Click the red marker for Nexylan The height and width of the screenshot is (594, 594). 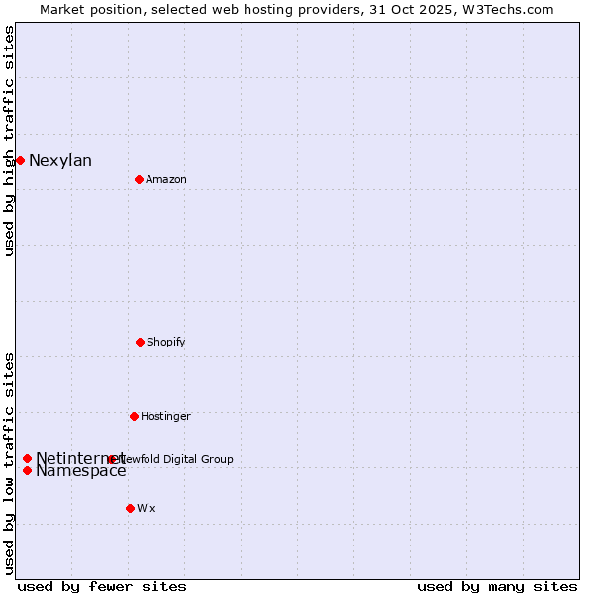click(20, 160)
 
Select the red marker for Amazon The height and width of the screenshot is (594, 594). click(139, 179)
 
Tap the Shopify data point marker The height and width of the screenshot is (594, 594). click(140, 342)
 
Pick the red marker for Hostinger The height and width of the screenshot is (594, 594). click(134, 416)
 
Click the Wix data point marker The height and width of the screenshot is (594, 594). click(130, 508)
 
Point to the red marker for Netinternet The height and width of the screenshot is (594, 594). click(27, 458)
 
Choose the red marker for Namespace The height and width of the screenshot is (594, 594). click(27, 470)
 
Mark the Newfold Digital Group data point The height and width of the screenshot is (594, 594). click(112, 459)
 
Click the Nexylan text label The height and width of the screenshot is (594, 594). click(60, 161)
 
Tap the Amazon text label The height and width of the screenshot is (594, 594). click(166, 180)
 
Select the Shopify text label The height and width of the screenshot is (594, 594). click(166, 343)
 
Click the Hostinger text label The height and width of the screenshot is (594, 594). click(165, 417)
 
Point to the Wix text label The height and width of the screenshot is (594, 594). click(147, 509)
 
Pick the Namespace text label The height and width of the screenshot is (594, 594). click(81, 471)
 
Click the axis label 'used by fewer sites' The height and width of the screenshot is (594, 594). click(102, 586)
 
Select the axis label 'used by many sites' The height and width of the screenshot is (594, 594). click(497, 586)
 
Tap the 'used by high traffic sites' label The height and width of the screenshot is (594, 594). click(10, 141)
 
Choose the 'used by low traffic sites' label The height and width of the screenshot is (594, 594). click(10, 463)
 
